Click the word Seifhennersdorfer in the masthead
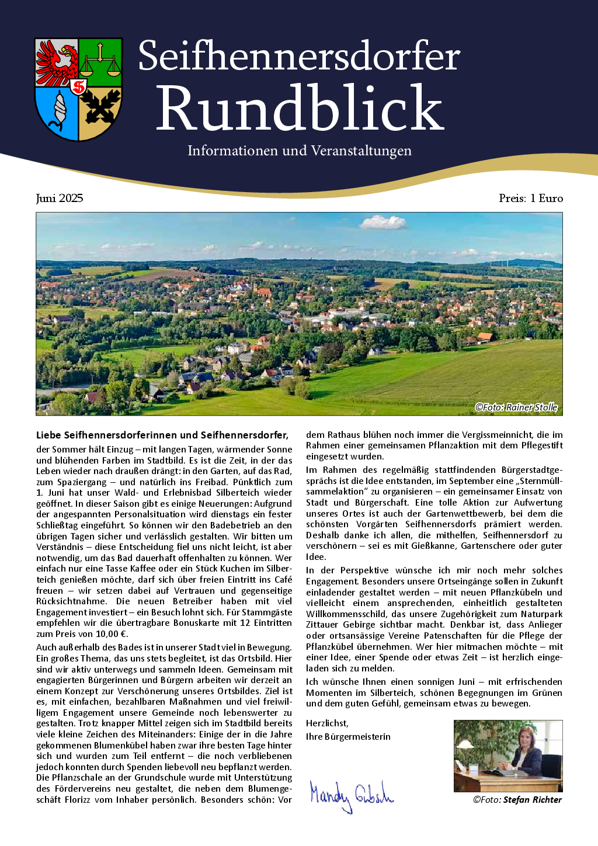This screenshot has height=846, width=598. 299,57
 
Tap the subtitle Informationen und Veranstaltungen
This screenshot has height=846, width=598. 299,151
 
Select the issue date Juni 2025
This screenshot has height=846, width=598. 60,199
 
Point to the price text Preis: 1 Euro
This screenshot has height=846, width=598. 530,199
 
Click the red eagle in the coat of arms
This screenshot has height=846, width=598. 57,62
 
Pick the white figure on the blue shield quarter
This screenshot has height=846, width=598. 59,111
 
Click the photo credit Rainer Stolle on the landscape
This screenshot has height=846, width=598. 516,407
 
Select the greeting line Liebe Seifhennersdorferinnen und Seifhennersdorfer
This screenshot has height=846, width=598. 162,435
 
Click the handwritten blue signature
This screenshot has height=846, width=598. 351,795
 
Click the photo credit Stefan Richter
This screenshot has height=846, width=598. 517,800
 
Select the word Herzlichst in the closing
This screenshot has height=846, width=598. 327,723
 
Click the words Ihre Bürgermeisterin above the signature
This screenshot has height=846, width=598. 348,737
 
